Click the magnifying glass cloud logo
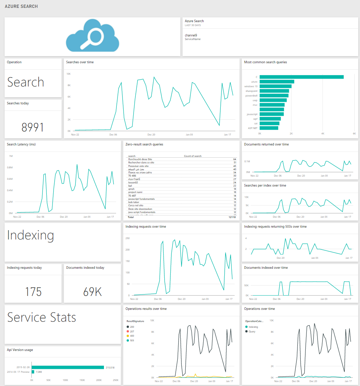pos(92,36)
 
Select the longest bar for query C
pos(301,77)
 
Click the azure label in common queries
pos(254,82)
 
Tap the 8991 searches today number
pos(32,127)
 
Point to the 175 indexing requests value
pos(33,292)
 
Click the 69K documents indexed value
pos(92,292)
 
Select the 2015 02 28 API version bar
pos(68,367)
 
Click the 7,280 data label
pos(39,372)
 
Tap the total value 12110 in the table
pos(232,217)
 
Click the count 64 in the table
pos(235,159)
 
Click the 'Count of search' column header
pos(193,156)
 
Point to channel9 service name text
pos(191,35)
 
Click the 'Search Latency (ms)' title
pos(21,144)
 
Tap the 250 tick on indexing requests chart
pos(127,238)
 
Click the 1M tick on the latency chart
pos(11,156)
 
